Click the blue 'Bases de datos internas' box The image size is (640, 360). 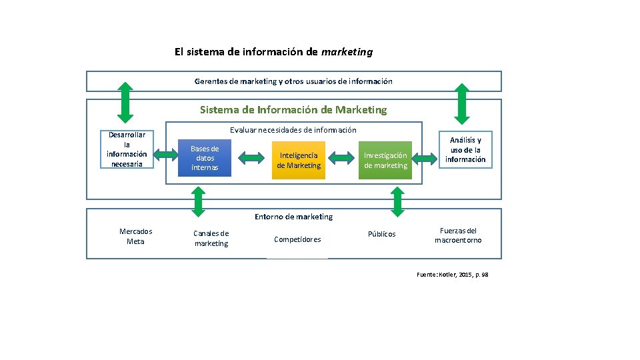pyautogui.click(x=205, y=158)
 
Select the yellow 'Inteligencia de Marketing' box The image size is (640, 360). pyautogui.click(x=299, y=160)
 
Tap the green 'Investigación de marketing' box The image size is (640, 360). pyautogui.click(x=385, y=160)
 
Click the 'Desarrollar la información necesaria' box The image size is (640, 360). pyautogui.click(x=127, y=149)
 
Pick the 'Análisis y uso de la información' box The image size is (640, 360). pyautogui.click(x=465, y=150)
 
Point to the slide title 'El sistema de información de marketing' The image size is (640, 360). pyautogui.click(x=273, y=51)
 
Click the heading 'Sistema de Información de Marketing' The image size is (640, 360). pyautogui.click(x=293, y=109)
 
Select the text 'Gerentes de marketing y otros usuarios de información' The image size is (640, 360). pyautogui.click(x=293, y=81)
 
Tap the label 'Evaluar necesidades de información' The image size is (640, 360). pyautogui.click(x=293, y=130)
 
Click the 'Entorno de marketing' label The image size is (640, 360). pyautogui.click(x=293, y=217)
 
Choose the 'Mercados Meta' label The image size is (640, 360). pyautogui.click(x=135, y=237)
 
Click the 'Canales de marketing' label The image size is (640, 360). pyautogui.click(x=211, y=239)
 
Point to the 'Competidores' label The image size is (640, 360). pyautogui.click(x=297, y=239)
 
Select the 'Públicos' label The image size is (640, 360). pyautogui.click(x=382, y=234)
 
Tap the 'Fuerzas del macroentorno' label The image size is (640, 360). pyautogui.click(x=458, y=235)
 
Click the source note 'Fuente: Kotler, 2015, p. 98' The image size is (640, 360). pyautogui.click(x=452, y=275)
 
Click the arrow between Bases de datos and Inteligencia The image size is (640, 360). pyautogui.click(x=251, y=158)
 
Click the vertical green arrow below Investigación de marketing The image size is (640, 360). pyautogui.click(x=397, y=201)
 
